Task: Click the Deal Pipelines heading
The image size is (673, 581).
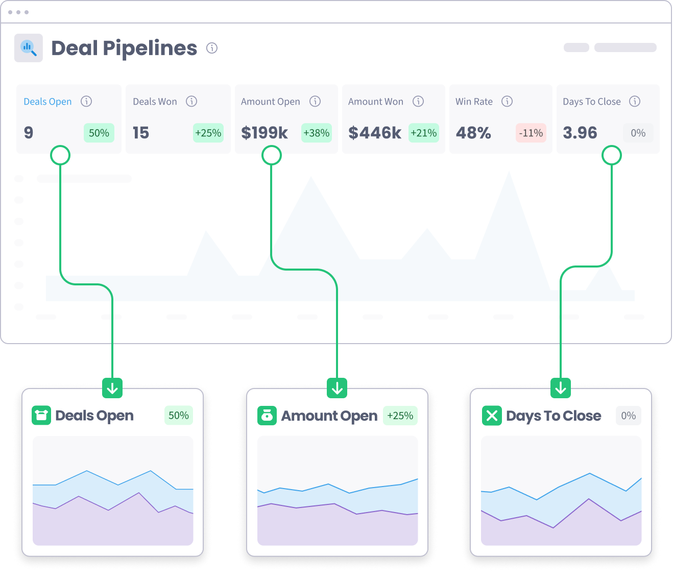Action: click(x=124, y=48)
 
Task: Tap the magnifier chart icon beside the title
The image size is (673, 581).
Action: click(x=29, y=48)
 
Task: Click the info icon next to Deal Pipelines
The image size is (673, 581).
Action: click(x=212, y=48)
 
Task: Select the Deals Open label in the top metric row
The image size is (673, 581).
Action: click(x=47, y=102)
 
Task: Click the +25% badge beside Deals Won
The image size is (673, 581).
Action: click(x=208, y=133)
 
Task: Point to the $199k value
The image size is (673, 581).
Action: click(x=265, y=133)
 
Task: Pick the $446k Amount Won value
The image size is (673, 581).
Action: click(x=375, y=133)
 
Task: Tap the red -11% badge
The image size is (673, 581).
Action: click(x=531, y=133)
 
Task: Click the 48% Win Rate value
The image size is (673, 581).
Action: click(x=473, y=133)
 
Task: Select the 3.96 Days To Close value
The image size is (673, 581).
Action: click(x=580, y=133)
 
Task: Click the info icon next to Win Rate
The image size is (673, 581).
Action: click(x=507, y=101)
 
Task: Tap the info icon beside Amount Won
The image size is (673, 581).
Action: click(x=418, y=101)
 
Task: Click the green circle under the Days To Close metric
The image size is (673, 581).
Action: click(x=612, y=155)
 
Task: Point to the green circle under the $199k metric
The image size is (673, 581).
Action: click(x=272, y=155)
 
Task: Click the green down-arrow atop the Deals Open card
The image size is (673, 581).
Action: click(x=112, y=388)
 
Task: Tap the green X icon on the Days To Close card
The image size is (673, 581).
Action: click(x=492, y=416)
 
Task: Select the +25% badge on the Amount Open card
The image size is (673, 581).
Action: click(x=400, y=416)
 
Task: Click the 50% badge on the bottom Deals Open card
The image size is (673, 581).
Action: click(x=179, y=416)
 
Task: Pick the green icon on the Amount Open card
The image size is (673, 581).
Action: click(x=267, y=416)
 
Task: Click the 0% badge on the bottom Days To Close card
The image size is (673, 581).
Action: click(x=629, y=416)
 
